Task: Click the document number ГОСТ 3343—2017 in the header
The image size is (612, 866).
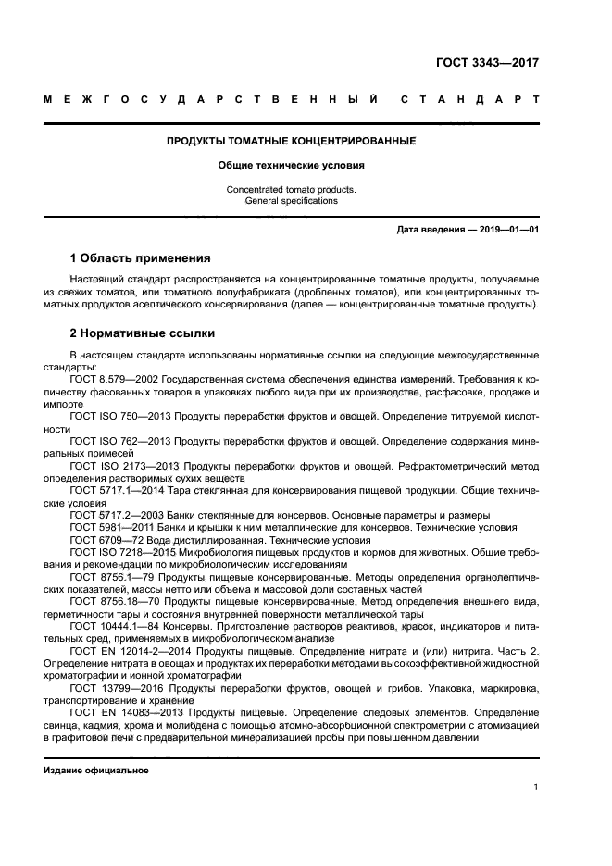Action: (x=487, y=64)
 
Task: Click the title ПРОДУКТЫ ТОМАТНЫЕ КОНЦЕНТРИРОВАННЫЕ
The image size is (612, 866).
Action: (x=291, y=142)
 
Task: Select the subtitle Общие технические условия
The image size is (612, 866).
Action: (x=291, y=166)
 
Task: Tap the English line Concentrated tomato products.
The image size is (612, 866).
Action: (x=291, y=190)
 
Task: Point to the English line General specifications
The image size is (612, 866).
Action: (x=291, y=201)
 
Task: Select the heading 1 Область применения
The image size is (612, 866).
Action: (x=141, y=257)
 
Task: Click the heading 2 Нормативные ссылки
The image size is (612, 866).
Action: (x=143, y=333)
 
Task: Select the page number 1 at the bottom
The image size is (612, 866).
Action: (x=537, y=787)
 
